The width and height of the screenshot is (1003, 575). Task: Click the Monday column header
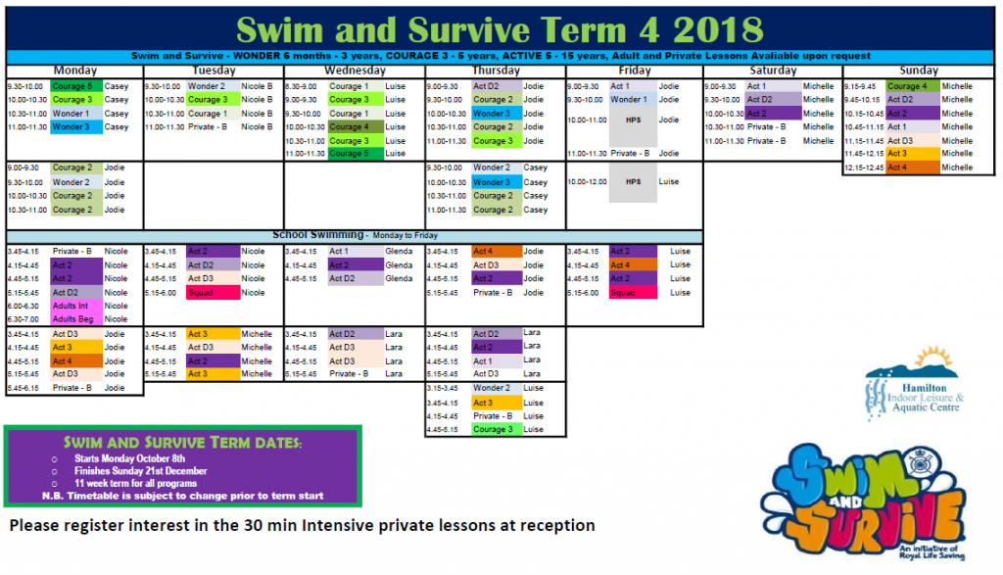(x=74, y=71)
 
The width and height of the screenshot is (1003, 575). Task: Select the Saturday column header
(x=772, y=71)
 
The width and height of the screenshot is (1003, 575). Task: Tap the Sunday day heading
(x=919, y=71)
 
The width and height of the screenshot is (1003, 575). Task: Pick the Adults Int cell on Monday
(x=71, y=306)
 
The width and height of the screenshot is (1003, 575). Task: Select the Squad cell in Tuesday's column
(x=212, y=292)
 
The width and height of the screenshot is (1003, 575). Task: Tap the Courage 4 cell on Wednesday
(x=350, y=127)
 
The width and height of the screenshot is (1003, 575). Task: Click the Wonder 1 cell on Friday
(x=629, y=100)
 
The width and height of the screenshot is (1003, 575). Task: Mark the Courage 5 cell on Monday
(x=73, y=86)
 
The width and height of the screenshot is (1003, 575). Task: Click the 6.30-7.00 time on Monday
(x=24, y=319)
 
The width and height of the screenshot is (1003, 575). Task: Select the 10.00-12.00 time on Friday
(x=585, y=182)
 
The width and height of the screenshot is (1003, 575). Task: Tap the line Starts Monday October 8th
(x=129, y=458)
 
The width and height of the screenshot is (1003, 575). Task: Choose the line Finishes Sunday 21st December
(x=141, y=471)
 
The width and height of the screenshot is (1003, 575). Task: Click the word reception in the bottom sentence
(x=558, y=526)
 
